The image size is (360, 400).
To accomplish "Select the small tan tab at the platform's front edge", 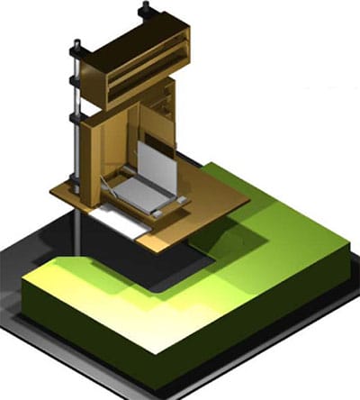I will (156, 241).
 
